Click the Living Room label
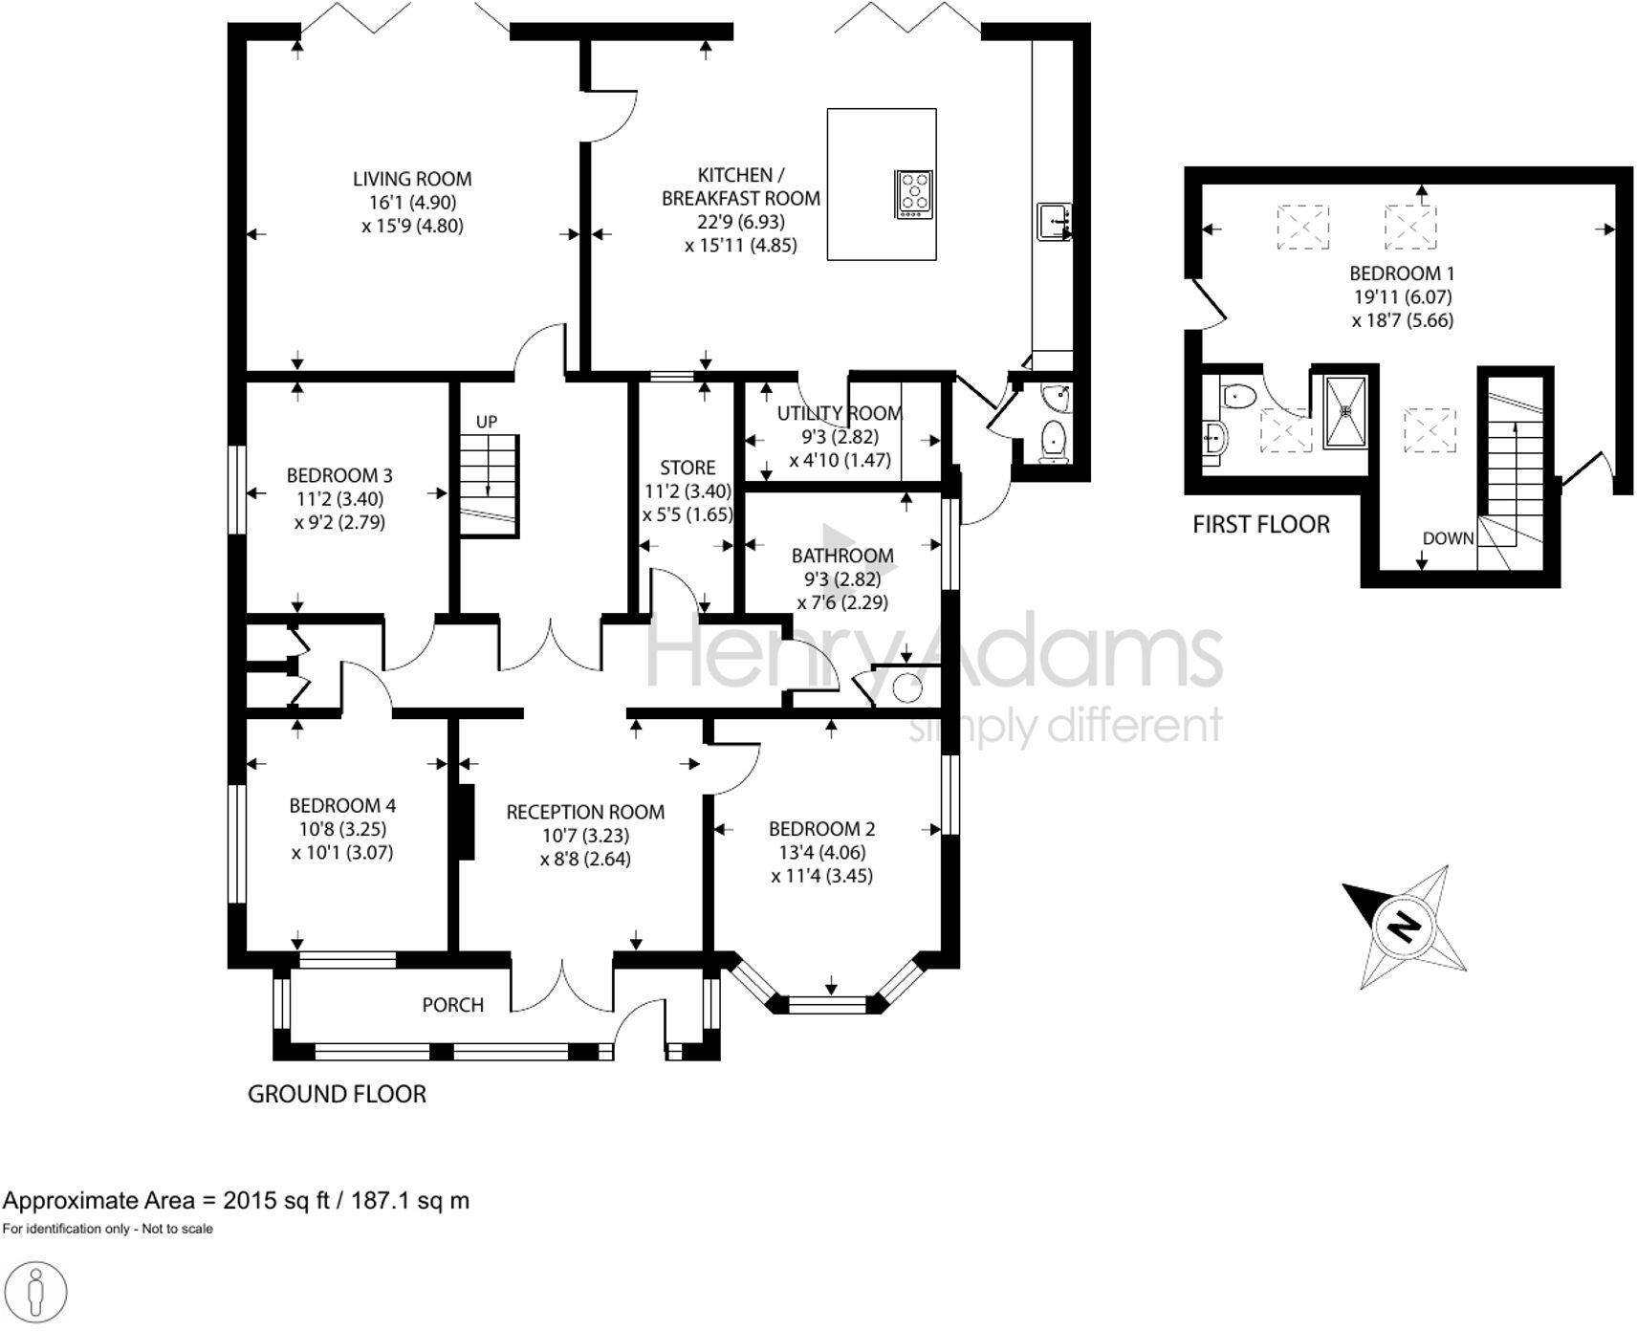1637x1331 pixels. point(412,179)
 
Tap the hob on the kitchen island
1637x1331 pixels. point(914,194)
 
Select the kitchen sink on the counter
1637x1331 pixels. point(1053,222)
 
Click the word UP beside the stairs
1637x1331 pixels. point(487,422)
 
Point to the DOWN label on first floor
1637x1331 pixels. point(1448,538)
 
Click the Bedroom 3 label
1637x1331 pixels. point(339,475)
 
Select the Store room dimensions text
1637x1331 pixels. point(687,503)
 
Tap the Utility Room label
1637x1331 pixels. point(840,413)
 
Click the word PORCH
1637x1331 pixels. point(453,1005)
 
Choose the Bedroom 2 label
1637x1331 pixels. point(821,829)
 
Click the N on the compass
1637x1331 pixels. point(1405,927)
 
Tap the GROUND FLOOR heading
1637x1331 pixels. point(337,1095)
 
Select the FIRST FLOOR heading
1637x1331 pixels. point(1261,525)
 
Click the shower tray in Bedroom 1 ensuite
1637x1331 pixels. point(1346,411)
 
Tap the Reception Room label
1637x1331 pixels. point(585,812)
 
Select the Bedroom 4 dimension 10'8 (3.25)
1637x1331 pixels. point(342,829)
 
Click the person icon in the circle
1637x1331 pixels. point(36,1293)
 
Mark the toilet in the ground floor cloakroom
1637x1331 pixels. point(1053,442)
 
